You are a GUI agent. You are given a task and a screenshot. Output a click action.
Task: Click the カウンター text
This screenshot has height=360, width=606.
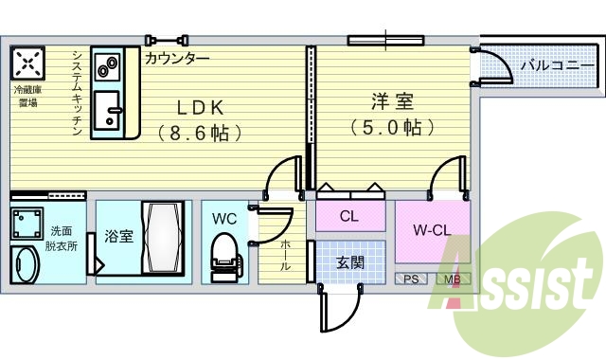(177, 58)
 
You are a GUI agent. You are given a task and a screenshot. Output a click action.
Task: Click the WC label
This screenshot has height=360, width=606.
(224, 218)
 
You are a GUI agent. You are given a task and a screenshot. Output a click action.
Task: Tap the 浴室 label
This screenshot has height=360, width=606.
(118, 236)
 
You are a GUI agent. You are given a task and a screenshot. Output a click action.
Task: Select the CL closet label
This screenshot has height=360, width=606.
(348, 216)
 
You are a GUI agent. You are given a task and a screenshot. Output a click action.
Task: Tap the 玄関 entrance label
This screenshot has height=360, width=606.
(349, 262)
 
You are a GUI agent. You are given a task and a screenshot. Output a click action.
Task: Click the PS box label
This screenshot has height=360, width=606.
(411, 279)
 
